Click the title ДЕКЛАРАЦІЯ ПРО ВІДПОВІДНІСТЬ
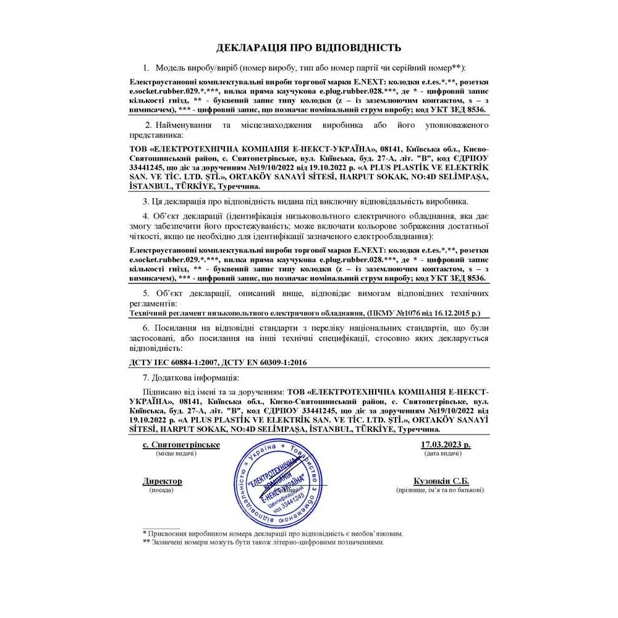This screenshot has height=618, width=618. pos(308,48)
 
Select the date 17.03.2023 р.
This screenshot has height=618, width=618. pos(446,445)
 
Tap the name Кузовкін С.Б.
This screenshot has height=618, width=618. pos(441,481)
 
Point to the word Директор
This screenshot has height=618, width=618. pos(163,481)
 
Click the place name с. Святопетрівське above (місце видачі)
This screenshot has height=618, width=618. pos(181,445)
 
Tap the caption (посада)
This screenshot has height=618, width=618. pos(162,489)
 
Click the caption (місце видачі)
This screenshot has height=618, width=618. pos(176,454)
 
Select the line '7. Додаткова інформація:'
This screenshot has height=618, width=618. pos(190,377)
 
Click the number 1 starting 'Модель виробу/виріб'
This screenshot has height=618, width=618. pos(146,67)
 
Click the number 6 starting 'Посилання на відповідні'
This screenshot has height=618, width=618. pos(146,328)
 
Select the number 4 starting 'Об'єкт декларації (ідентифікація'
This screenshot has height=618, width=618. pos(146,216)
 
